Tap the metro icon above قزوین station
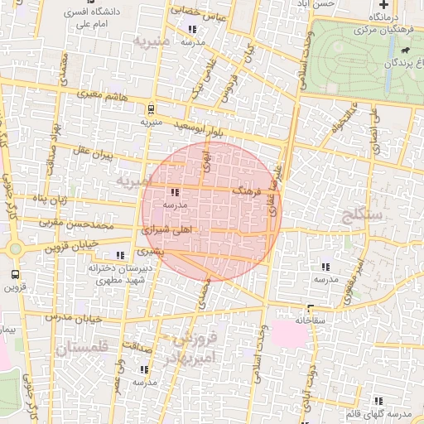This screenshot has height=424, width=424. (15, 273)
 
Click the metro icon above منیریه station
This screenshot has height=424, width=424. (150, 108)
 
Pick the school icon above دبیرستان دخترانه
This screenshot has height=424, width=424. (121, 256)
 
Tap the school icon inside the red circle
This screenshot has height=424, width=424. (173, 192)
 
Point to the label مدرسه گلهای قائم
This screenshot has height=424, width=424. (388, 413)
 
